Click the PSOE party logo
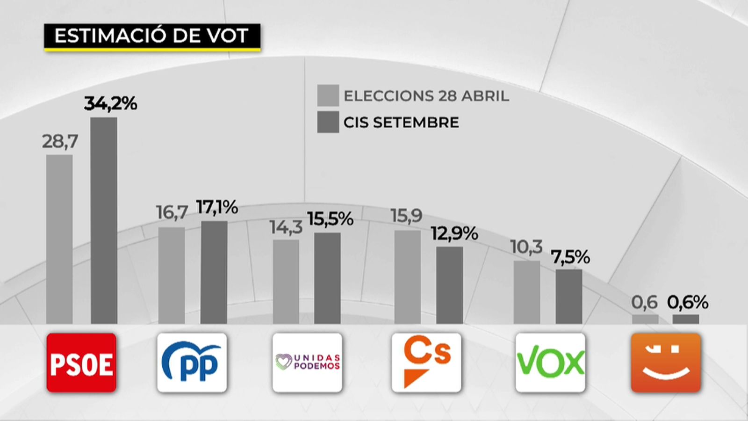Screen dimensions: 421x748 click(x=81, y=363)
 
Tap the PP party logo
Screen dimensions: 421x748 click(x=192, y=363)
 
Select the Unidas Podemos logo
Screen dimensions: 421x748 click(x=307, y=363)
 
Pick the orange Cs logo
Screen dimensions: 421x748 click(x=426, y=363)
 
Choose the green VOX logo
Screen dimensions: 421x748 click(x=550, y=363)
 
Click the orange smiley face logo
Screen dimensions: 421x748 click(x=666, y=363)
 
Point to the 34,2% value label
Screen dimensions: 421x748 click(x=111, y=103)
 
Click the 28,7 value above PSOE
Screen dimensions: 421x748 click(x=60, y=141)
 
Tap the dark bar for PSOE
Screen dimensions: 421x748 click(x=104, y=220)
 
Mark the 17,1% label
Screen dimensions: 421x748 click(x=217, y=207)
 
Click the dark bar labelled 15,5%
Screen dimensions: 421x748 click(x=327, y=278)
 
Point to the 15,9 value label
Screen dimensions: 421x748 click(x=406, y=216)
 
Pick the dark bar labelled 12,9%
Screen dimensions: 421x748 click(x=450, y=285)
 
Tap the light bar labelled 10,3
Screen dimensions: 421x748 click(x=526, y=292)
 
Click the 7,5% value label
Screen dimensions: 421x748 click(x=570, y=257)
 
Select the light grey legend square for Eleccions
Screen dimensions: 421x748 click(x=328, y=95)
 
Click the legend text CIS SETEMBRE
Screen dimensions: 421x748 click(x=401, y=123)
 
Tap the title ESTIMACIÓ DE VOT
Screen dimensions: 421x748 click(x=151, y=36)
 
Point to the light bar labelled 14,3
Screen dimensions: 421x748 click(x=286, y=282)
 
